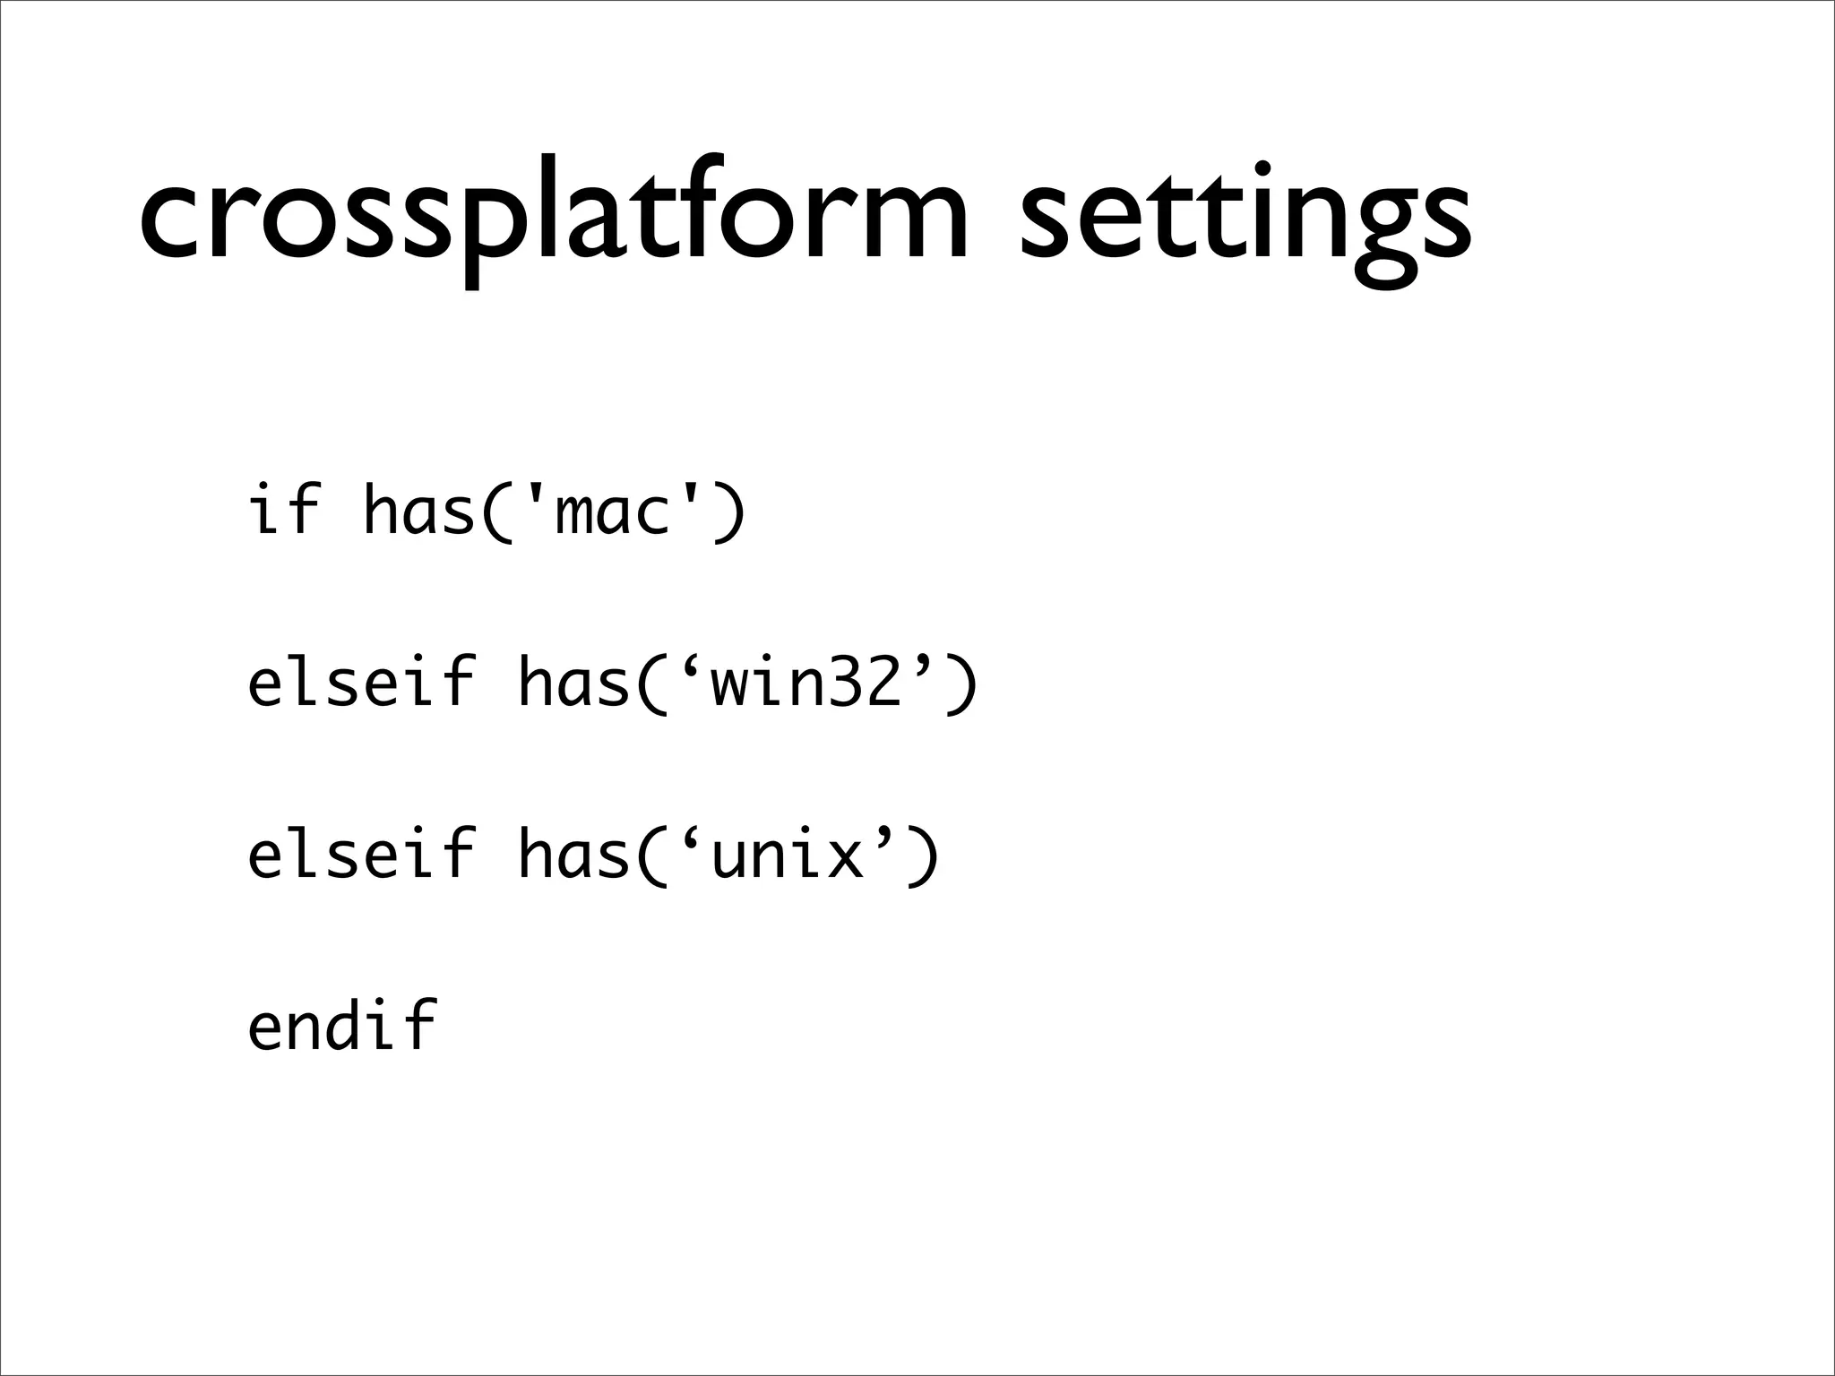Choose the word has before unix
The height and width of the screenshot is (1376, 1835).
point(573,854)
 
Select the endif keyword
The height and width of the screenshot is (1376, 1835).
point(342,1026)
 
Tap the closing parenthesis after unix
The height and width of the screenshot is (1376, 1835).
point(923,856)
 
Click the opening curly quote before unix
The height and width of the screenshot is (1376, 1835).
point(690,838)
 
